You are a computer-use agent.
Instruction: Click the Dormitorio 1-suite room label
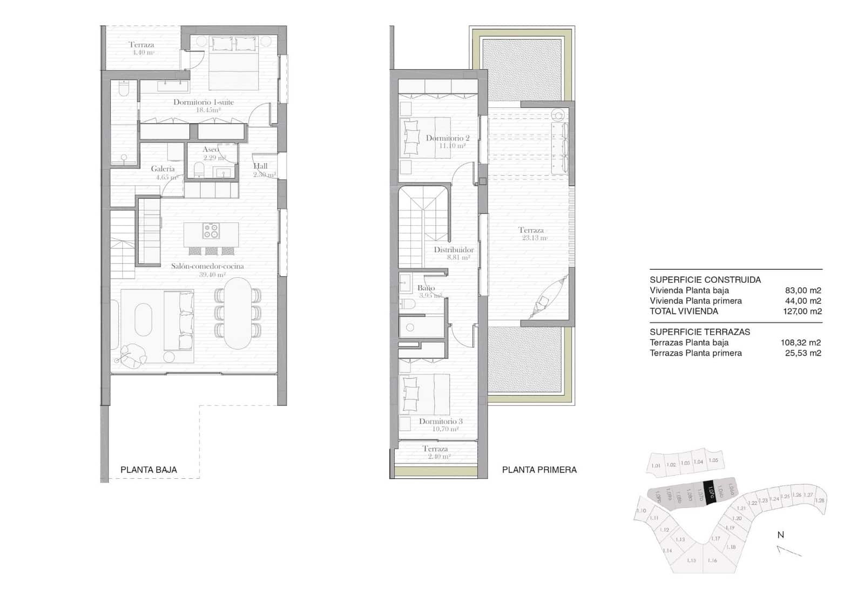coord(204,102)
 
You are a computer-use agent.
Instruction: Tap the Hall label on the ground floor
coord(260,166)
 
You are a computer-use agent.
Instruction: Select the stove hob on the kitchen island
coord(211,231)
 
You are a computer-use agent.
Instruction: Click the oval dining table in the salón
coord(238,313)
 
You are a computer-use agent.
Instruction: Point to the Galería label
coord(163,169)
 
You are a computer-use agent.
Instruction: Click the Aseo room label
coord(211,150)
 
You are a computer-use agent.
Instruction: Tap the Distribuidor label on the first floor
coord(454,250)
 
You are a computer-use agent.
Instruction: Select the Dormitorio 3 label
coord(441,422)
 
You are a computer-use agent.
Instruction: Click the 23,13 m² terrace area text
coord(535,238)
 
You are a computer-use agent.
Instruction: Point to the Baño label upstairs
coord(426,288)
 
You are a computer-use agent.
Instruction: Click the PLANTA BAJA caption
coord(148,470)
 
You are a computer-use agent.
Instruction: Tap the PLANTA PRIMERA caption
coord(539,470)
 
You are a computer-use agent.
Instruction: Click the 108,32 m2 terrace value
coord(800,343)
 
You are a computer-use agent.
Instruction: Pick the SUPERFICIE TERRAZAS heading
coord(699,332)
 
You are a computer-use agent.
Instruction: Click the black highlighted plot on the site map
coord(711,492)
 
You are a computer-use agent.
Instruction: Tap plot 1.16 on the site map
coord(712,560)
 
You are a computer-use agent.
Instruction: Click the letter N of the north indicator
coord(780,535)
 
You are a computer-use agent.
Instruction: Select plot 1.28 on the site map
coord(820,500)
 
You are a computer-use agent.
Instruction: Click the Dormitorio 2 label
coord(448,138)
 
